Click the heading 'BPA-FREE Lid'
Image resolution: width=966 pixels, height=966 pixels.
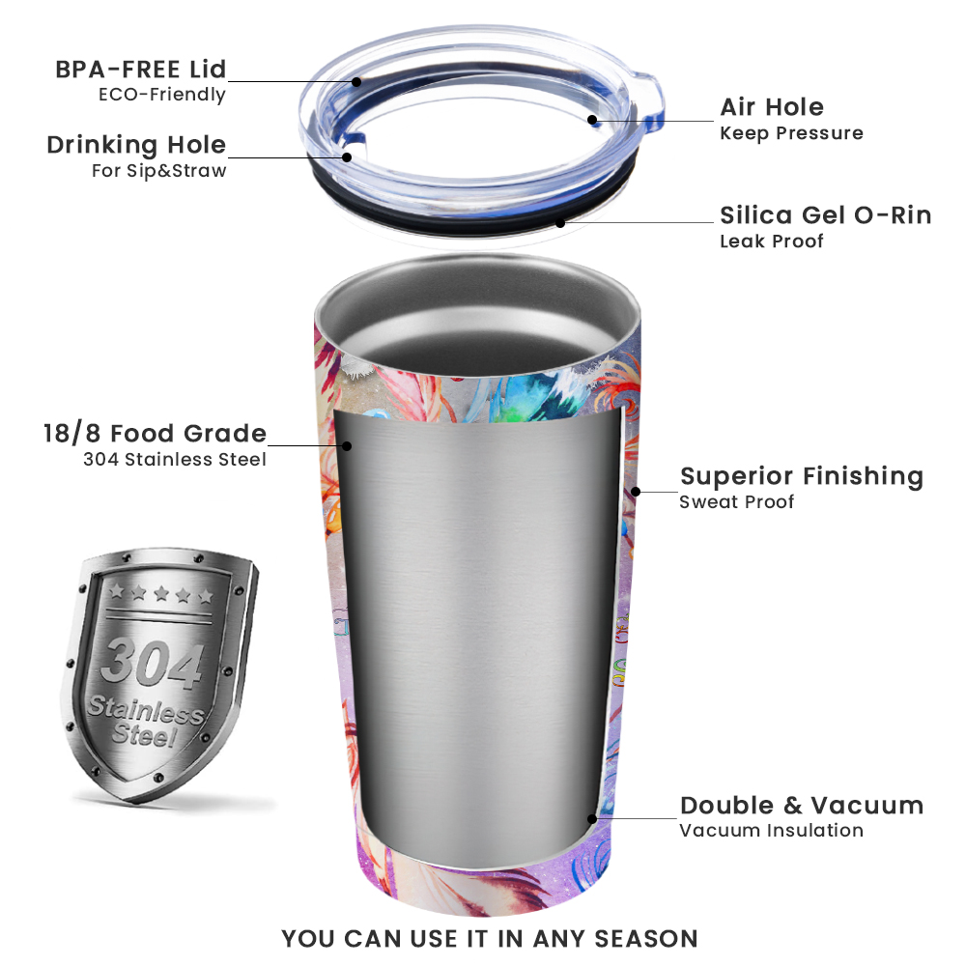click(x=141, y=69)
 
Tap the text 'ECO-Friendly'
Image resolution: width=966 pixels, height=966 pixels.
click(x=162, y=95)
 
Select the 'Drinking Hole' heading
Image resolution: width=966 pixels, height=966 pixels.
click(x=137, y=146)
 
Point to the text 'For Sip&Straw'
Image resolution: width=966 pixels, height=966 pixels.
click(x=159, y=171)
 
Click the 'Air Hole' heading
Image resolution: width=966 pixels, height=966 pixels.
click(x=772, y=107)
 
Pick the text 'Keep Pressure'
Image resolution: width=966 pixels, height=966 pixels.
click(x=792, y=133)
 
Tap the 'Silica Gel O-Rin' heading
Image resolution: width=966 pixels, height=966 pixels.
click(x=826, y=215)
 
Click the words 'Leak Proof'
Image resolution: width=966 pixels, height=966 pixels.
click(x=771, y=241)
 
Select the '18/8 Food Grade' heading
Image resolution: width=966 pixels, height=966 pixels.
click(x=155, y=434)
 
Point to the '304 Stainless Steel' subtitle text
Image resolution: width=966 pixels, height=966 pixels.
click(x=175, y=459)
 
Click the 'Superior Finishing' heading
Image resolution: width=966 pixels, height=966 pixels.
click(x=802, y=477)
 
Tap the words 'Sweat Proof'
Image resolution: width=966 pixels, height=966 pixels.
click(x=737, y=502)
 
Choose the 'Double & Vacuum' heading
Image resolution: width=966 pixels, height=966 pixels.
click(x=802, y=806)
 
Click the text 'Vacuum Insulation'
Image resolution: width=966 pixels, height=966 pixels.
click(x=771, y=831)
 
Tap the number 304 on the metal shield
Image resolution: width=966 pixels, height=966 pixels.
click(x=153, y=663)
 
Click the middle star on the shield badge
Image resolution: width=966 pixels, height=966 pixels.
click(x=161, y=593)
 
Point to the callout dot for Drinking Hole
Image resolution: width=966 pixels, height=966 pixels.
click(x=347, y=157)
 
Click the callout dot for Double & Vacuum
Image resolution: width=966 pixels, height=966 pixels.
click(x=592, y=819)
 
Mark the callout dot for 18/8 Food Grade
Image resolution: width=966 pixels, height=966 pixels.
click(x=347, y=445)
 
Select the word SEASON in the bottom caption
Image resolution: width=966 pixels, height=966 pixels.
click(x=646, y=940)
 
